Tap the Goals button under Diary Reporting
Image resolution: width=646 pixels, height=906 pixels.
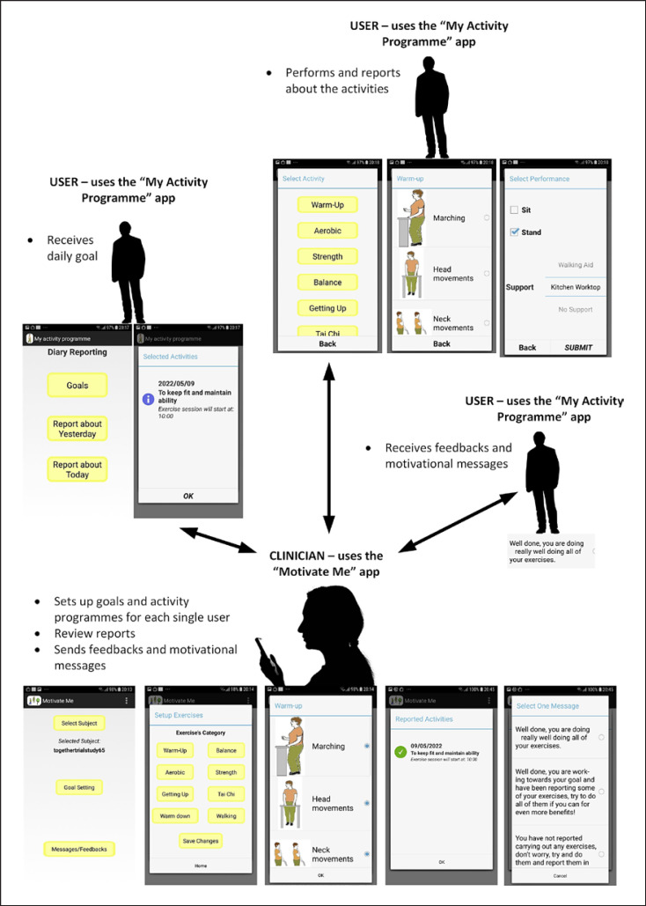(77, 385)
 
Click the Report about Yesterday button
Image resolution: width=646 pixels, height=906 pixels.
(77, 429)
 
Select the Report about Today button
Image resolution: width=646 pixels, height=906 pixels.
(77, 469)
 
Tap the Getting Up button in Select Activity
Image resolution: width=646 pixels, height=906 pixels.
(327, 308)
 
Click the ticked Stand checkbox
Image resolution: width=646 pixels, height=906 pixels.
(514, 232)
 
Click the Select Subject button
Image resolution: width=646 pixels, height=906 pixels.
(78, 723)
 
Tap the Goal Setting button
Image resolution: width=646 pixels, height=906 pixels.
(78, 786)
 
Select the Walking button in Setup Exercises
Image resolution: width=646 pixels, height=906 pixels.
(225, 816)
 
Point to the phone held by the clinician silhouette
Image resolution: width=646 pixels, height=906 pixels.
(264, 654)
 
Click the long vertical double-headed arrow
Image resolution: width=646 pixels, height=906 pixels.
(328, 441)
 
